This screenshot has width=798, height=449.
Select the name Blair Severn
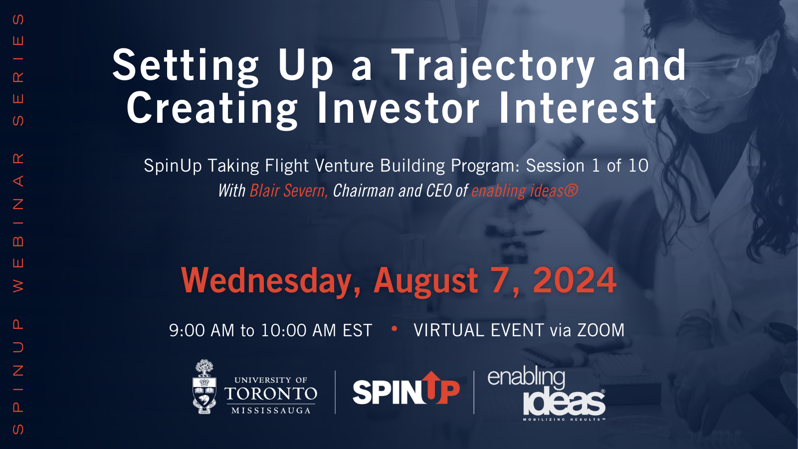coord(288,191)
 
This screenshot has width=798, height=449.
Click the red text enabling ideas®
coord(524,191)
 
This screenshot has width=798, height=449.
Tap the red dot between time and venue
coord(394,328)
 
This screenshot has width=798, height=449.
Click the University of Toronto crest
coord(204,387)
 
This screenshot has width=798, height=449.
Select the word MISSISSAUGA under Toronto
coord(271,411)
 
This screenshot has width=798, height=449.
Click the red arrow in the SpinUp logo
coord(432,386)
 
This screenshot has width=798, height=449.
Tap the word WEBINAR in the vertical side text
coord(18,223)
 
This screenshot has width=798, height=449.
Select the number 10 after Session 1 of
coord(638,166)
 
